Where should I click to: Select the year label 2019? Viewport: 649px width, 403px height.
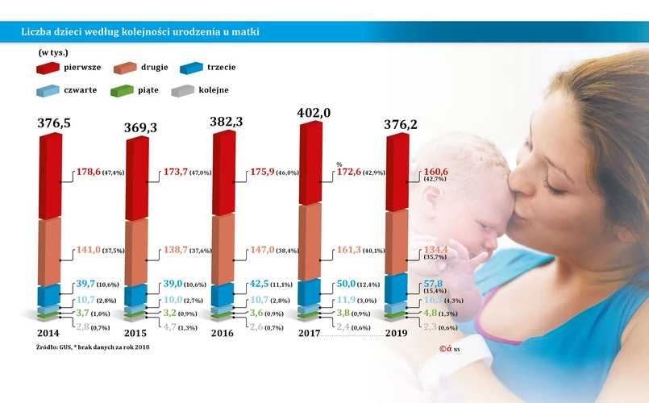pyautogui.click(x=397, y=333)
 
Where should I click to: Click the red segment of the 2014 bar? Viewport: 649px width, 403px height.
pyautogui.click(x=50, y=177)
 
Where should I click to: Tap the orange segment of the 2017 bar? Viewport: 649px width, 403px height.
pyautogui.click(x=309, y=242)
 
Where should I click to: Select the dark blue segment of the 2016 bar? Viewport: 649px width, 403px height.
pyautogui.click(x=223, y=294)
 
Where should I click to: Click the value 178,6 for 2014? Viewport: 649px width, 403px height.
pyautogui.click(x=89, y=172)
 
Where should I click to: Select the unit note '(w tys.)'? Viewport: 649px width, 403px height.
pyautogui.click(x=53, y=53)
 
